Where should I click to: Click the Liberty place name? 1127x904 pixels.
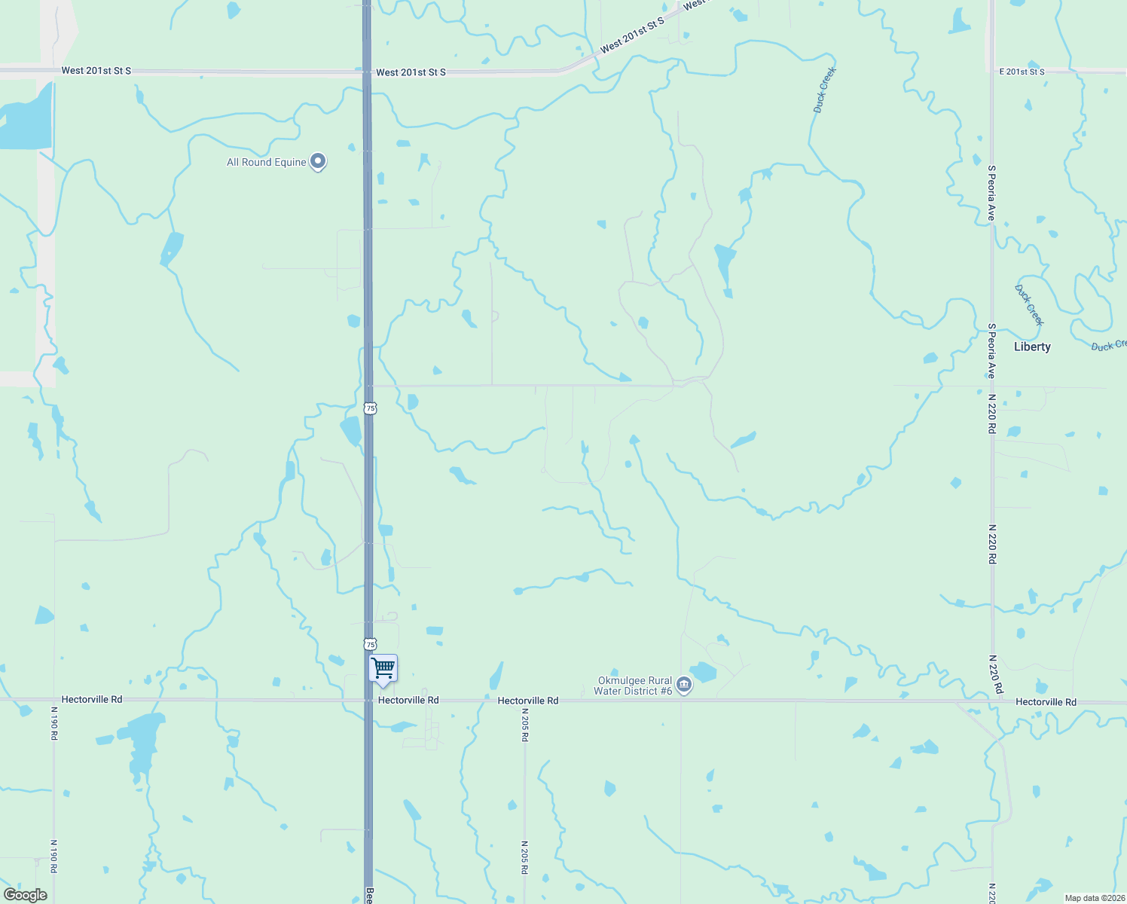1032,347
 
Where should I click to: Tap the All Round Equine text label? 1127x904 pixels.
267,162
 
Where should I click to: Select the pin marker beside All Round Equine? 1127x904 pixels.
318,160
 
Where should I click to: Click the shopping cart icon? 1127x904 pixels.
383,667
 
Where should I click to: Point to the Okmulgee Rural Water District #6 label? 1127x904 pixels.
633,686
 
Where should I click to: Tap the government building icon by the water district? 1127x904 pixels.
684,685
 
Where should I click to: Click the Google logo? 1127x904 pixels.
25,895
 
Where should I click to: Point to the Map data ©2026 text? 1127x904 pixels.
1095,898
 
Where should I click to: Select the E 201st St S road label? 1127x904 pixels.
1022,72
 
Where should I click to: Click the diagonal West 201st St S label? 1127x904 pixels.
632,36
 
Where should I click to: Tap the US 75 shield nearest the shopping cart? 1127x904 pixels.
370,644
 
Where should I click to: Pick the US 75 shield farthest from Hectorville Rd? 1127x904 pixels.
370,408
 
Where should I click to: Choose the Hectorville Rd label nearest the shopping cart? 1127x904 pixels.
408,700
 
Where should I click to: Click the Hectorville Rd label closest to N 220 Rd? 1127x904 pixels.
1046,702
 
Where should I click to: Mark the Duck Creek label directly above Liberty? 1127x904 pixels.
1029,304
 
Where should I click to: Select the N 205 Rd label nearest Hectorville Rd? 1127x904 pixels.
524,725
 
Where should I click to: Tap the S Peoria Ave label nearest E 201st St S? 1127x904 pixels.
992,193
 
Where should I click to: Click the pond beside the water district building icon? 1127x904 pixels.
704,671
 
